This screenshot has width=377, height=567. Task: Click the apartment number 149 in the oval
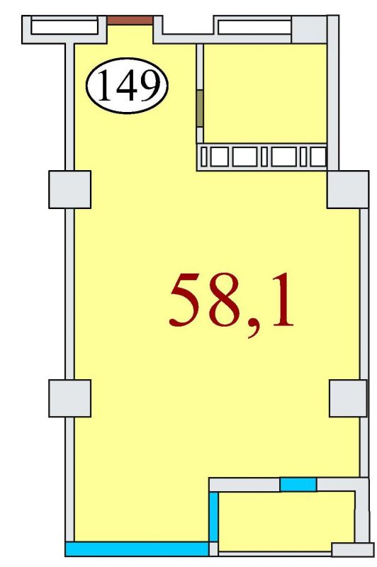tap(128, 85)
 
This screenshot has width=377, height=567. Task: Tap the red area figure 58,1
tap(231, 304)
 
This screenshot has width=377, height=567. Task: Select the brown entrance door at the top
tap(130, 21)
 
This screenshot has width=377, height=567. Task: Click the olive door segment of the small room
tap(200, 108)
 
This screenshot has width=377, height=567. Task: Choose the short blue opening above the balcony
tap(298, 484)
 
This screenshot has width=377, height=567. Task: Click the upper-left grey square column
tap(69, 189)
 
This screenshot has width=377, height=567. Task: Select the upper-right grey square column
tap(348, 189)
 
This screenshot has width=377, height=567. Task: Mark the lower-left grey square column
tap(69, 398)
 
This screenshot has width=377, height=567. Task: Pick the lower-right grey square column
tap(348, 398)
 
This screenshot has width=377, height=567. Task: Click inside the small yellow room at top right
tap(265, 94)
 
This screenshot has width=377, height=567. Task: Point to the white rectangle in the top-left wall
tap(64, 27)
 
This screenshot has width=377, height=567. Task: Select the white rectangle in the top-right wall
tap(254, 27)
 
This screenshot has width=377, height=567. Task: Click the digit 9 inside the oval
tap(147, 85)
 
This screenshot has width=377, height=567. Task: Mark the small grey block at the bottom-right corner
tap(353, 549)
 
